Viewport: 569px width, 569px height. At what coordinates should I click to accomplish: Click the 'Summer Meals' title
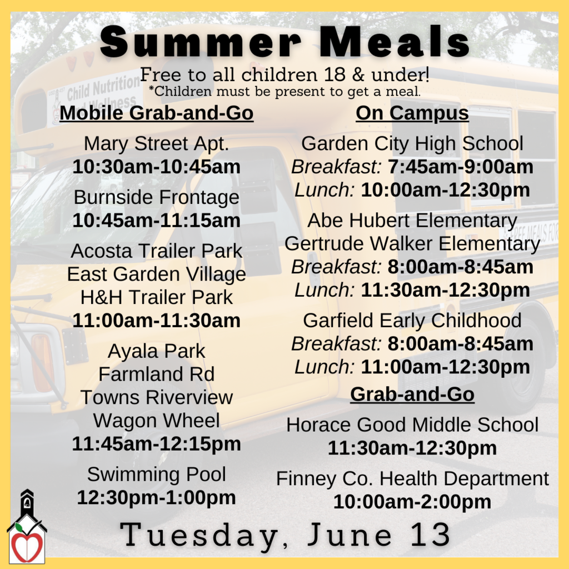284,42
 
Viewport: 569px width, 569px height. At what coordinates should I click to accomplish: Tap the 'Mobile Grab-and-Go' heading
156,113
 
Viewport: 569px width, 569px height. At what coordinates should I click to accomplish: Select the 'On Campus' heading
412,113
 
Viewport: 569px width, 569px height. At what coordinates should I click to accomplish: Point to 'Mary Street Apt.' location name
156,143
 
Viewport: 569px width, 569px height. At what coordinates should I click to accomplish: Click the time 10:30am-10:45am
156,167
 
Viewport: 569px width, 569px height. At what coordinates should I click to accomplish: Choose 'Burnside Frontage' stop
156,197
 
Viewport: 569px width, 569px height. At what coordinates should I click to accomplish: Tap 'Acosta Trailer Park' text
156,251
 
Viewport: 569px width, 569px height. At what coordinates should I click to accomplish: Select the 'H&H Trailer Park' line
156,297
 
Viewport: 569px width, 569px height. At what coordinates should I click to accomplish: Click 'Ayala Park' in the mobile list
156,351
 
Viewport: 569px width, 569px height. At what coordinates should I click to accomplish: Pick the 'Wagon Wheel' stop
156,420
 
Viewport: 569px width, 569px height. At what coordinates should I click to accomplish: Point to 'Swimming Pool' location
156,474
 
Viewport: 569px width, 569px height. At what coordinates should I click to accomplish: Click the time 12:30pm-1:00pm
156,497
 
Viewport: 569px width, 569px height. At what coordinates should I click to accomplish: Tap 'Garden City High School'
412,143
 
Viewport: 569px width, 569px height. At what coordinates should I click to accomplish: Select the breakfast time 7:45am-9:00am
461,167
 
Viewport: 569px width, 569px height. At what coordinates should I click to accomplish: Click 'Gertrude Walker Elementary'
412,243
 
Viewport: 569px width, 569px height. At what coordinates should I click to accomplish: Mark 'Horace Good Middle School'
412,425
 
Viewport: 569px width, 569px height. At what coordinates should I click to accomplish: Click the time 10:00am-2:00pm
412,501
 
